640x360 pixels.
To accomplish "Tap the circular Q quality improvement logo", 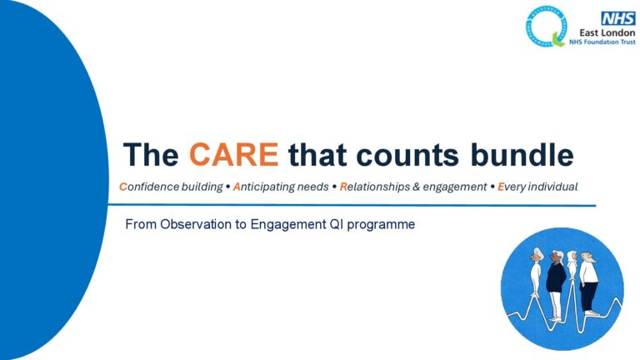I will point(546,25).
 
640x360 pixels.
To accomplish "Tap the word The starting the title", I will point(151,155).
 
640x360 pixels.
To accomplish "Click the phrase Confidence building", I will point(170,187).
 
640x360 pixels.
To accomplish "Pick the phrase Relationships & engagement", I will point(412,187).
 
